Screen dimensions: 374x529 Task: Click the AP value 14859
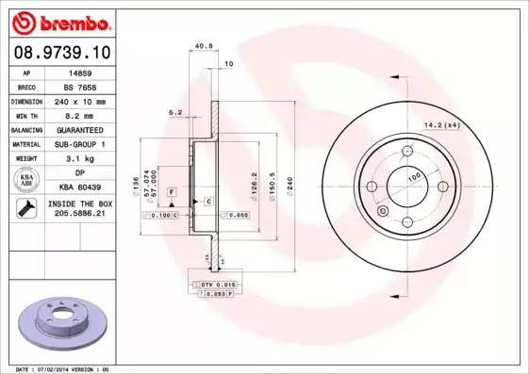click(80, 71)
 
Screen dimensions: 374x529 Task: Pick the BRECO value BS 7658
click(80, 85)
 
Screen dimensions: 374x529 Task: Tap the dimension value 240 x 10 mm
click(80, 100)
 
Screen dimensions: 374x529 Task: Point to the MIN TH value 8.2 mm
click(80, 115)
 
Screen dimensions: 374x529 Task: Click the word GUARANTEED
click(80, 129)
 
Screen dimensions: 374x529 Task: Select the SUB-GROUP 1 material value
click(80, 144)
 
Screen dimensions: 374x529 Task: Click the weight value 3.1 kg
click(80, 158)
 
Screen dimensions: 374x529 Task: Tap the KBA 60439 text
click(80, 187)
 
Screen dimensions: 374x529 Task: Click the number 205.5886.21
click(80, 214)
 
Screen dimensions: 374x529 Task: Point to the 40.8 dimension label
click(201, 43)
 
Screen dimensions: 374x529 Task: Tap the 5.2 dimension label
click(174, 112)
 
